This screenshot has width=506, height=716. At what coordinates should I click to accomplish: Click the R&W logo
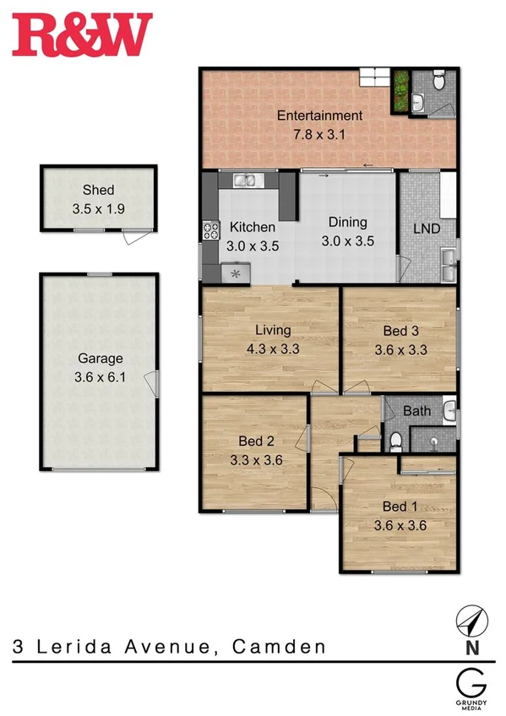coord(82,35)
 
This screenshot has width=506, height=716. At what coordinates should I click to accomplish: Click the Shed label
coord(98,190)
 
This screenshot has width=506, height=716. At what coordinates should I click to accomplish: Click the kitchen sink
coord(245,180)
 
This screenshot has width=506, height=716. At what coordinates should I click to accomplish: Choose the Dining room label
coord(348,223)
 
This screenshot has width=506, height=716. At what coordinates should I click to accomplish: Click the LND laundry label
coord(427,229)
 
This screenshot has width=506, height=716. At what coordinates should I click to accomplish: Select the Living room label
coord(273,330)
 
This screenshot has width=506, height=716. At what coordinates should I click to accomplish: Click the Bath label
coord(416,412)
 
